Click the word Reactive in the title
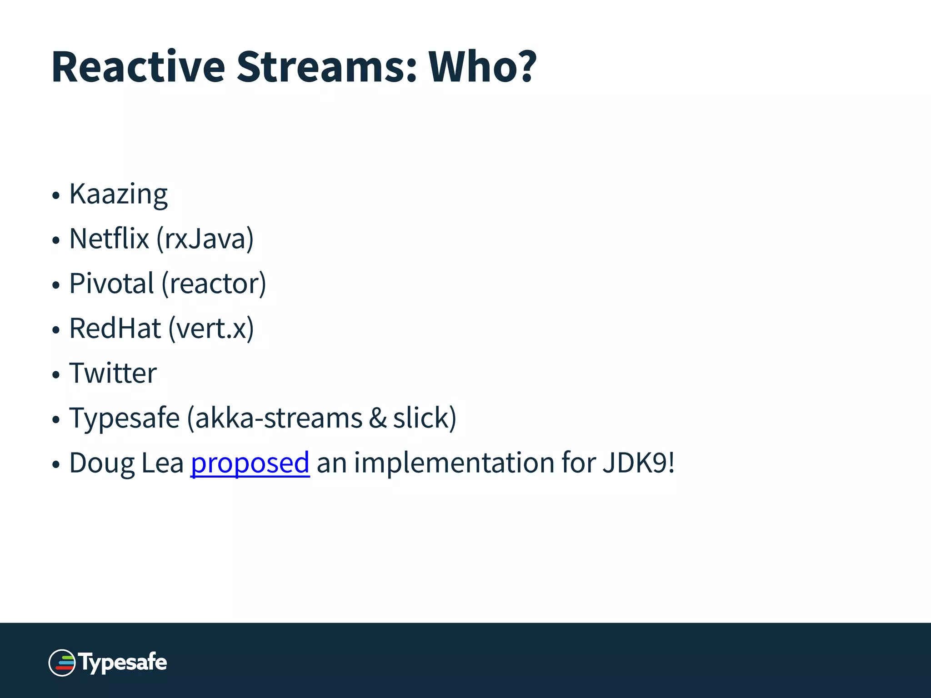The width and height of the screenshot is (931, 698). click(138, 67)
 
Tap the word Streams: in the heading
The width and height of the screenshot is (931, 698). click(326, 67)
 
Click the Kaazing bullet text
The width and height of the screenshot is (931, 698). click(118, 194)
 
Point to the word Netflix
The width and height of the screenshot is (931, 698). click(109, 239)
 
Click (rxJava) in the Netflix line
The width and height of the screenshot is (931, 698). click(205, 239)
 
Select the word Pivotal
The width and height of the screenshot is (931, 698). click(111, 283)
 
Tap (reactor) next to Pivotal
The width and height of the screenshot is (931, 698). click(214, 283)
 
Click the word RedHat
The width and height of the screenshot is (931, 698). click(115, 328)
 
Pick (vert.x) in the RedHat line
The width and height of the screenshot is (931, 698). click(211, 328)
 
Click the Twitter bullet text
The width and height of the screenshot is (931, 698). click(113, 373)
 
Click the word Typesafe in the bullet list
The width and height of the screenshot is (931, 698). click(124, 418)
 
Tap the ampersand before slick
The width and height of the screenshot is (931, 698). click(377, 418)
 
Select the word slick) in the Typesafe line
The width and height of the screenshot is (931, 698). click(425, 418)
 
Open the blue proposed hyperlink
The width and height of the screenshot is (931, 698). click(250, 463)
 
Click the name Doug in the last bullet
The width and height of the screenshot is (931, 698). click(102, 463)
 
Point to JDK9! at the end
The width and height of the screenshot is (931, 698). click(639, 463)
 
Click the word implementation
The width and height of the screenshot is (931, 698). click(454, 463)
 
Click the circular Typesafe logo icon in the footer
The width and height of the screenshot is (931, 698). click(62, 663)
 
